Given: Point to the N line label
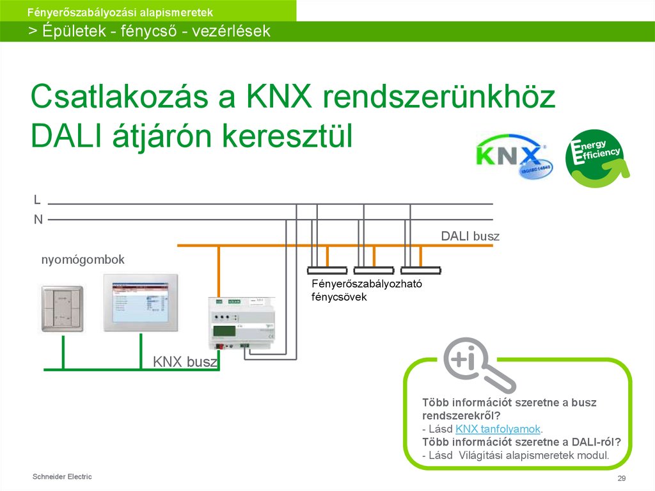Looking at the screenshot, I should [x=38, y=220].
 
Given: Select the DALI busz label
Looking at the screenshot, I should [x=470, y=236].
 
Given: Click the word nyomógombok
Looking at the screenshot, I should [x=83, y=259].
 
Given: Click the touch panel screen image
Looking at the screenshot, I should [x=141, y=303].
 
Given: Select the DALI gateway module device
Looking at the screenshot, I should [x=243, y=325].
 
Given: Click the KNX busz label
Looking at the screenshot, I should [x=185, y=362].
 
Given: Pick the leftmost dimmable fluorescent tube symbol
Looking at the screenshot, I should [x=327, y=270].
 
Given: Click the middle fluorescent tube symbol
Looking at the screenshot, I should [x=373, y=270].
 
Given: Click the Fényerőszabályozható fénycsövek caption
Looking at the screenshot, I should [x=367, y=290].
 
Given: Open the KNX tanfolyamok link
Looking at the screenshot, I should [x=498, y=428].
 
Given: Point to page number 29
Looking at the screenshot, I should [x=620, y=479].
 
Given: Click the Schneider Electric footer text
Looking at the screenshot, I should [x=62, y=476].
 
